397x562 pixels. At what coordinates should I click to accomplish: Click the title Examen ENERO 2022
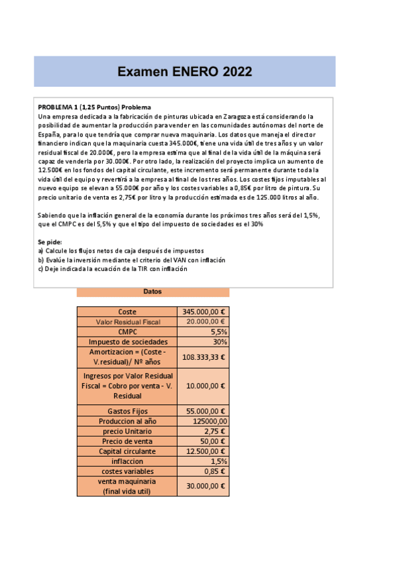tap(184, 72)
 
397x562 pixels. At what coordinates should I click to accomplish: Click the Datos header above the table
tap(152, 292)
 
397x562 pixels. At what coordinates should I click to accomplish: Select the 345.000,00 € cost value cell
tap(203, 311)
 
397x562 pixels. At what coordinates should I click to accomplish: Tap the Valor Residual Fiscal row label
tap(128, 321)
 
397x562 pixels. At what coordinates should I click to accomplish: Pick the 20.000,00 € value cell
tap(203, 321)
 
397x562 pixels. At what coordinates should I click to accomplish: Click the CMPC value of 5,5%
tap(203, 331)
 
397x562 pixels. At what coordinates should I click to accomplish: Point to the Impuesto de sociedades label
tap(128, 341)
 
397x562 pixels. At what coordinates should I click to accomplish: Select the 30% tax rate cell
tap(203, 341)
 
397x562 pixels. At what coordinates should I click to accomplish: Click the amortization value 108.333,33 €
tap(203, 357)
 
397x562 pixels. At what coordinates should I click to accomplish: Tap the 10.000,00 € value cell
tap(203, 386)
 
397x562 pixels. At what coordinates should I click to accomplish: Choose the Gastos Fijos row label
tap(128, 411)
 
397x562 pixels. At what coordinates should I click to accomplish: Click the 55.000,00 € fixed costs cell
tap(203, 411)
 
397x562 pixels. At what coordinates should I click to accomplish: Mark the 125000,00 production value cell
tap(203, 421)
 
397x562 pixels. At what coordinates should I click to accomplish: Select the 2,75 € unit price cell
tap(203, 431)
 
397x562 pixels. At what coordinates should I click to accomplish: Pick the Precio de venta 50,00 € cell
tap(203, 441)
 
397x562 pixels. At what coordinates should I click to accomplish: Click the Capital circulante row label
tap(128, 451)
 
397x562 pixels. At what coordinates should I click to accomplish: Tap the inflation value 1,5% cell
tap(203, 461)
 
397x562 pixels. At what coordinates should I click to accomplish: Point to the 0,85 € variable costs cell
tap(203, 471)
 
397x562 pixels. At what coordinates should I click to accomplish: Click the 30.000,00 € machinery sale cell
tap(203, 486)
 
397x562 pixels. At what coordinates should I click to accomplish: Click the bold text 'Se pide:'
tap(50, 242)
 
